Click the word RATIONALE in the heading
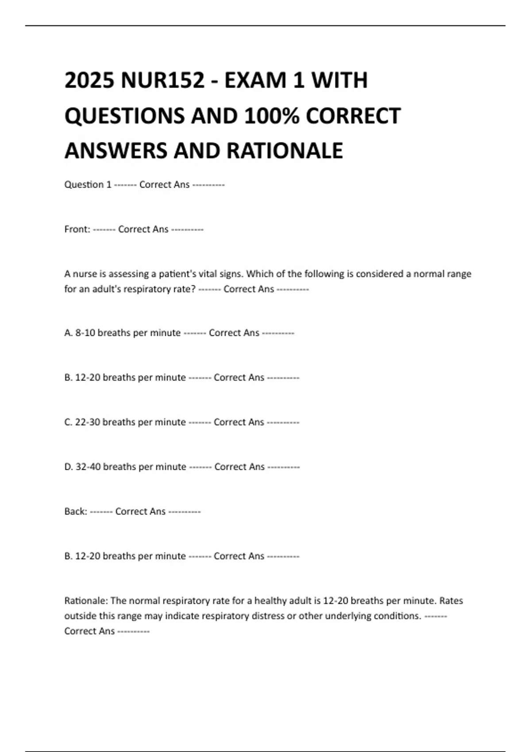[285, 151]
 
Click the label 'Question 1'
[88, 184]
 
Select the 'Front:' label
[77, 229]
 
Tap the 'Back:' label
[76, 511]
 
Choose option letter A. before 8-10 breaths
[69, 333]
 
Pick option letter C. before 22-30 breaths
[69, 422]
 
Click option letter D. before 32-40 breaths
[69, 467]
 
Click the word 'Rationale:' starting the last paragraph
[86, 601]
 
